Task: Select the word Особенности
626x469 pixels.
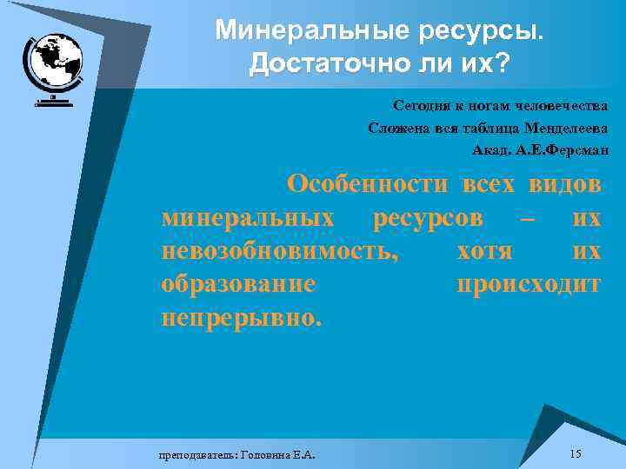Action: pos(368,184)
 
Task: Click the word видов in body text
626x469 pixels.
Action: pos(563,184)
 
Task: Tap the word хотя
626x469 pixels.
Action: pos(484,252)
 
